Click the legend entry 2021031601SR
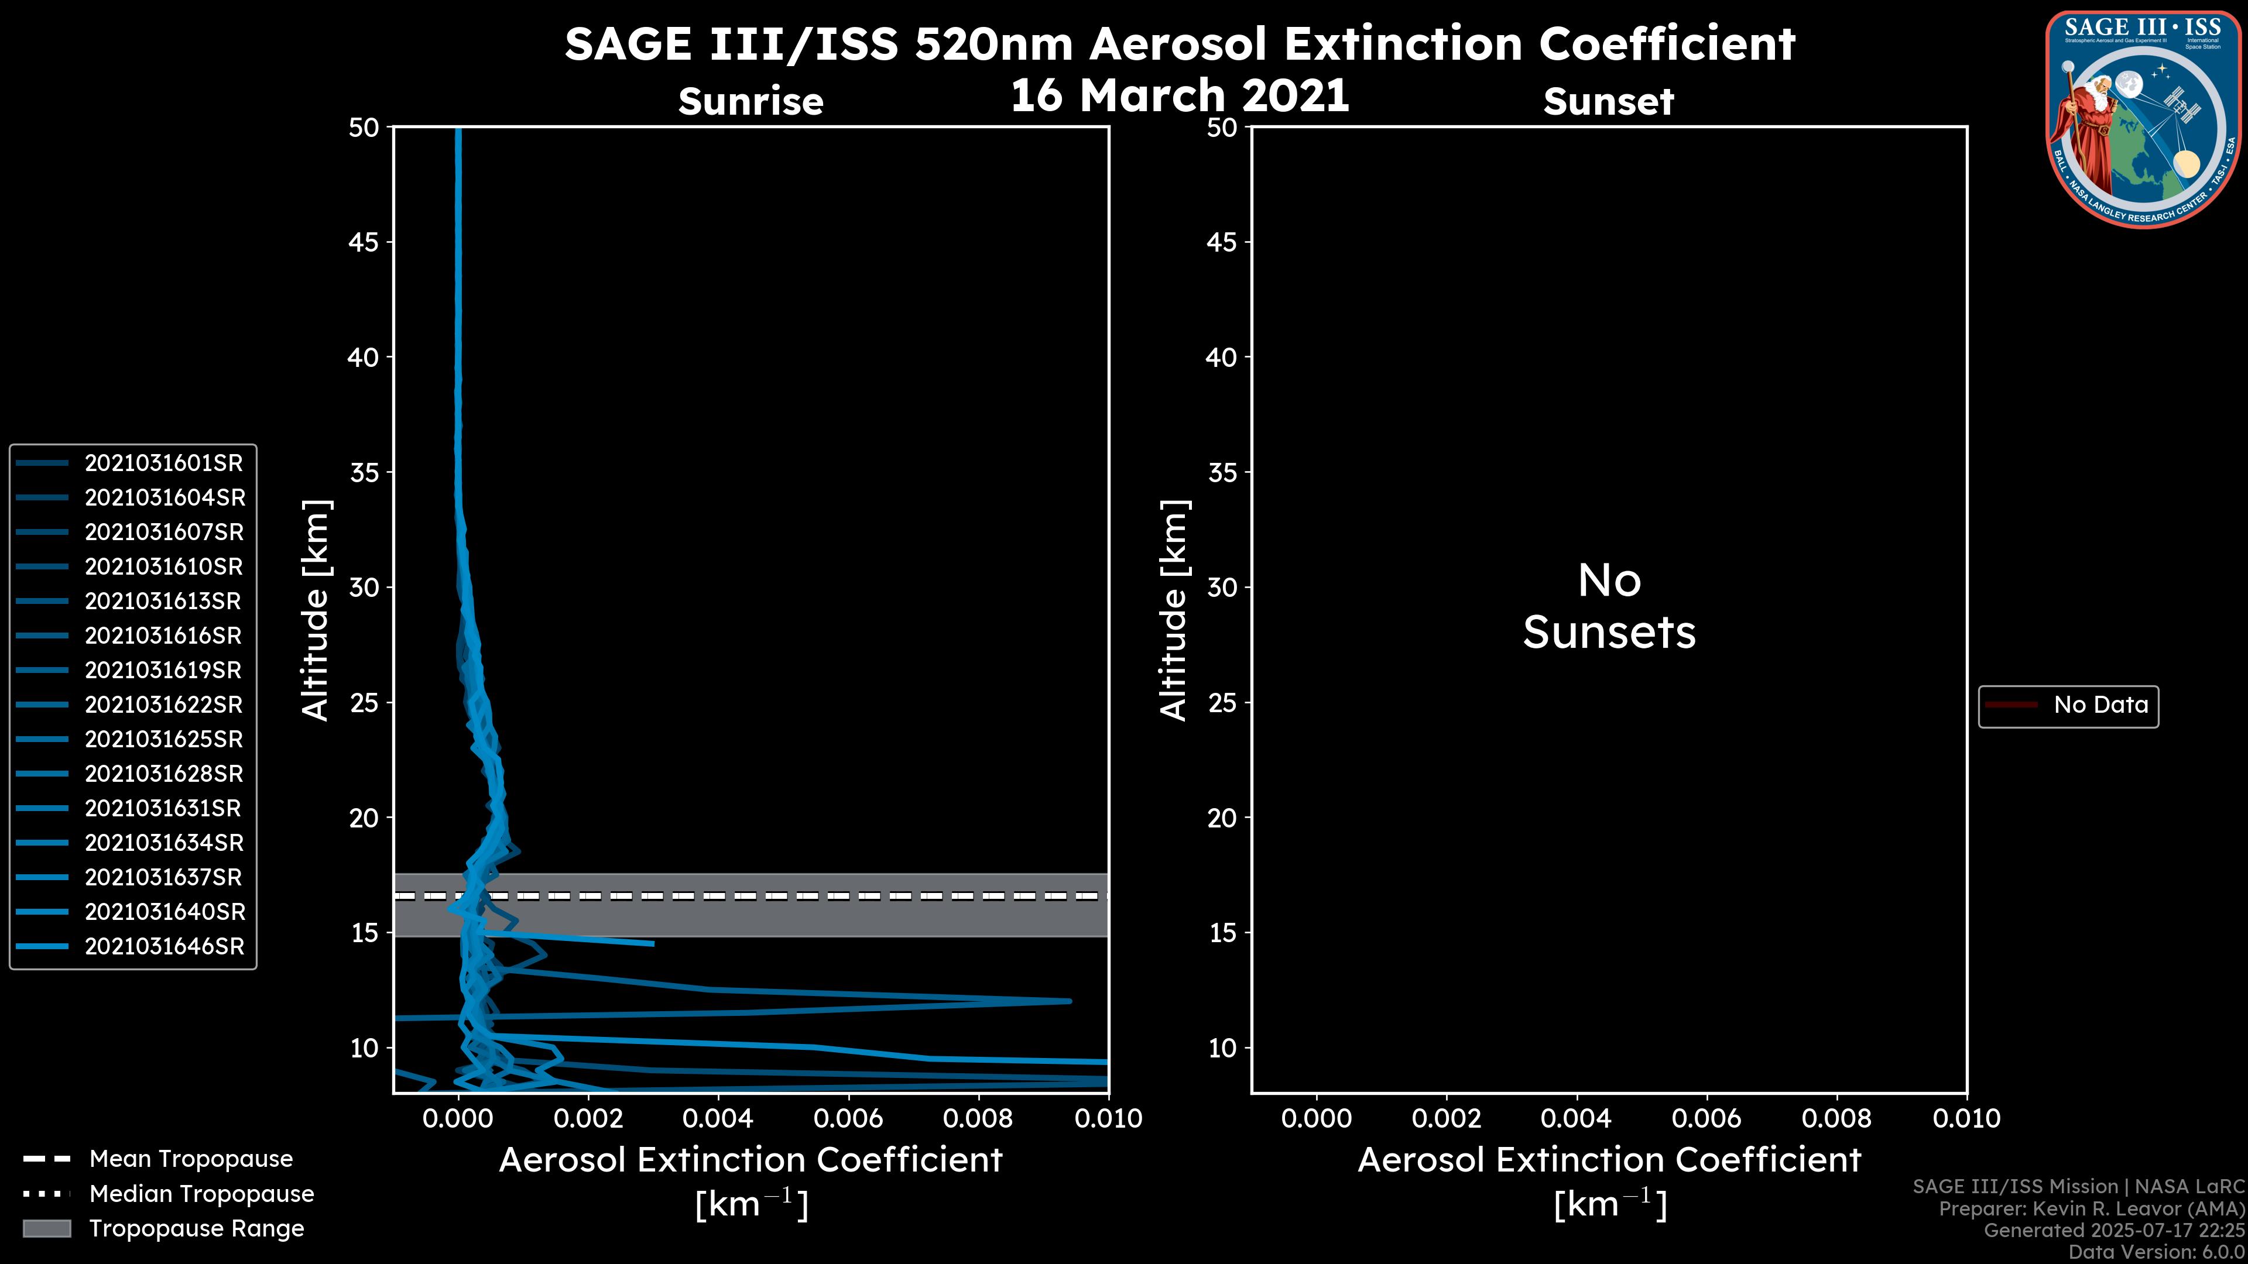163,463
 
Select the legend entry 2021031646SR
164,946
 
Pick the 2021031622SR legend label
164,705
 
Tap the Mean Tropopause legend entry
190,1159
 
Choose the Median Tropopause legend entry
201,1194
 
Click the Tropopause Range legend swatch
46,1229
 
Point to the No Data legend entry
2100,705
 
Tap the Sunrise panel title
751,102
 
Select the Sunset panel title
1608,102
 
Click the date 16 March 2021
1179,95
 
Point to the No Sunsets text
1609,606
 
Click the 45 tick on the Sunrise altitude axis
363,242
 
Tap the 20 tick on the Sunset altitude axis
1222,818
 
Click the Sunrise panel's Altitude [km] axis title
315,610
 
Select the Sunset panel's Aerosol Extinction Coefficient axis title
1609,1161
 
